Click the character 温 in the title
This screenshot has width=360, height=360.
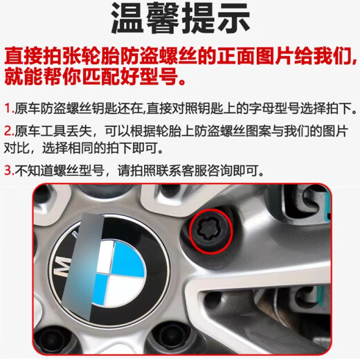[128, 19]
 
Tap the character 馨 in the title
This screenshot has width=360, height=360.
[163, 19]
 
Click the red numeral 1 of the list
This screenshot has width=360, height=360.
[8, 108]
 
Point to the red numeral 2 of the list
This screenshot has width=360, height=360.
[8, 131]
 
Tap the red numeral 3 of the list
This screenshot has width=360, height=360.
[8, 170]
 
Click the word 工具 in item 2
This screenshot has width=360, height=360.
[53, 131]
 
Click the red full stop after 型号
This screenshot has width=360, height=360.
[182, 82]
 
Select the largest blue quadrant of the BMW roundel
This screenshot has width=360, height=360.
[127, 258]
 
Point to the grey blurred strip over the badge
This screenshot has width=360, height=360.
[82, 265]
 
